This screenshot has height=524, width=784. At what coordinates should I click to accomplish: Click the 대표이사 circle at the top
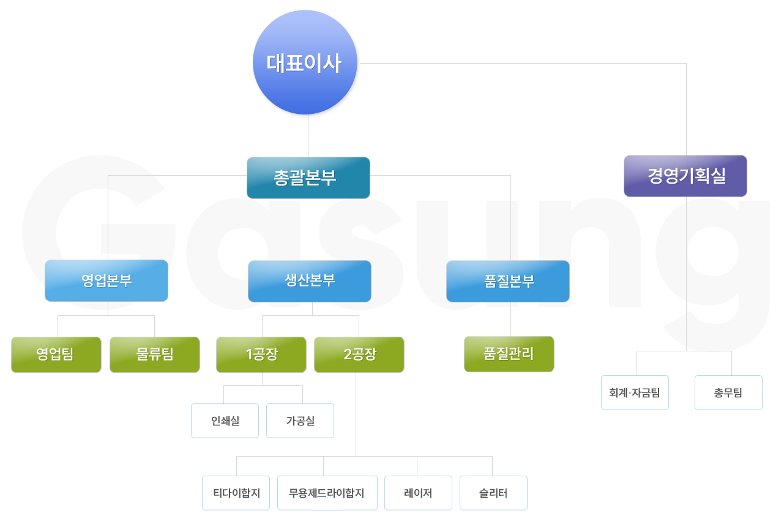point(304,62)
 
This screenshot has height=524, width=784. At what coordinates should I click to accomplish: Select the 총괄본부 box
point(308,178)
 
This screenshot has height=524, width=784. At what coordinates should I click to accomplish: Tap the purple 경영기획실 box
point(685,176)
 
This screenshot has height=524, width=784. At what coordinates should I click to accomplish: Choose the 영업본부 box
point(106,280)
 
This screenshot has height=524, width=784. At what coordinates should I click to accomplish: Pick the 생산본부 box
point(309,281)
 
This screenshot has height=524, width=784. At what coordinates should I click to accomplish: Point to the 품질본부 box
point(508,281)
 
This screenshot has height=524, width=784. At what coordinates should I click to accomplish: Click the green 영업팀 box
point(56,354)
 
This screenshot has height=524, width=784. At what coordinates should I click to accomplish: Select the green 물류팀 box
point(155,354)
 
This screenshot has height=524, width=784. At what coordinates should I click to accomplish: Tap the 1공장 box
point(261,354)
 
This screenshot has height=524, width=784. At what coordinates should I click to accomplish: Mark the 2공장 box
point(359,354)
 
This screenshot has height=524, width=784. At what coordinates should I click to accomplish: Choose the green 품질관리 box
point(509,354)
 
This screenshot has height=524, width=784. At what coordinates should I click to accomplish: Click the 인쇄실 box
point(225,421)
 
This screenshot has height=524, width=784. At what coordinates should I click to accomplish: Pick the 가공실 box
point(300,421)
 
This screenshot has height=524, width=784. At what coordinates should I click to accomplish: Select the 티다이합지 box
point(236,493)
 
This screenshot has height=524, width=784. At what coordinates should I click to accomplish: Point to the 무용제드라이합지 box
point(326,493)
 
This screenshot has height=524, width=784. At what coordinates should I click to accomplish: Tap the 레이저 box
point(418,493)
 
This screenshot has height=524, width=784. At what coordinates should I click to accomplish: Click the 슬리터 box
point(493,493)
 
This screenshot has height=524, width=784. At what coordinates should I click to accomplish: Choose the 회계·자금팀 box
point(635,392)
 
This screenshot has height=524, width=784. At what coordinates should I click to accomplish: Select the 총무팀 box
point(728,392)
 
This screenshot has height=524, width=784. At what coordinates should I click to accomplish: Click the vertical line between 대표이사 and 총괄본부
point(308,136)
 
